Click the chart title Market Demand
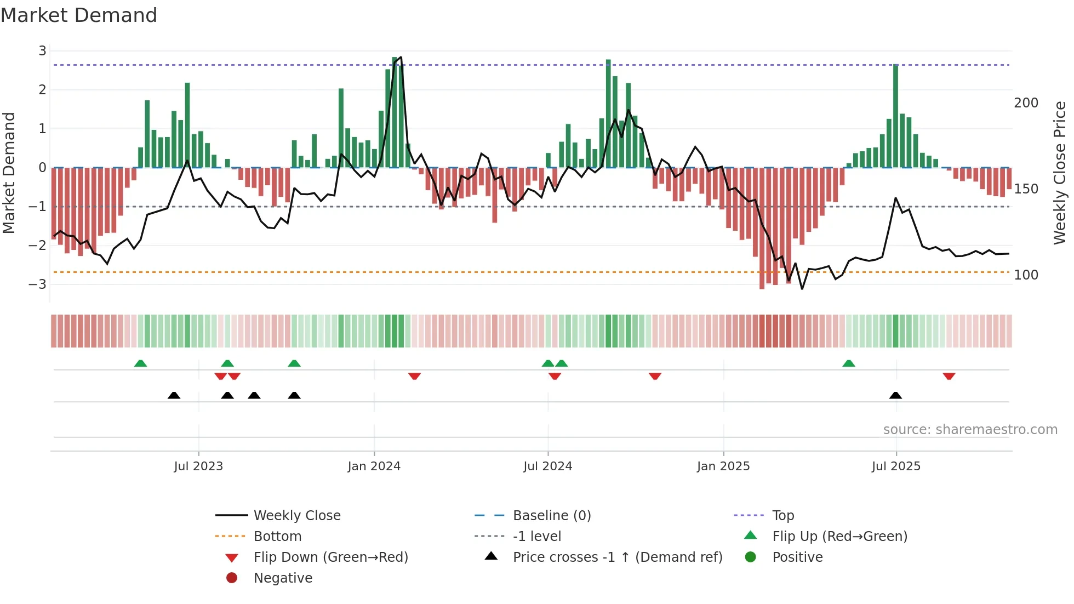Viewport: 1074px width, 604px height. click(79, 15)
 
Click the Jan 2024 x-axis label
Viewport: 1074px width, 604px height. click(374, 466)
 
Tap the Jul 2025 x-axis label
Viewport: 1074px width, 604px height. click(896, 466)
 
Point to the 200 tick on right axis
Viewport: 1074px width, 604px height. click(1026, 103)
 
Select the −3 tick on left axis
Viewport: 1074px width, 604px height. click(38, 284)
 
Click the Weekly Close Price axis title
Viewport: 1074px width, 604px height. click(1060, 173)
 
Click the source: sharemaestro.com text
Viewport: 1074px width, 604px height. click(970, 430)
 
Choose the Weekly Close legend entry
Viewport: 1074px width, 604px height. click(296, 516)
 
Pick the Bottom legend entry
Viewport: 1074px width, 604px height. click(277, 537)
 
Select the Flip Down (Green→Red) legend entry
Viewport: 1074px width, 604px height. click(330, 557)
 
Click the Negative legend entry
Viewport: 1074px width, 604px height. click(283, 578)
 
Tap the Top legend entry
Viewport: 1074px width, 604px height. click(783, 516)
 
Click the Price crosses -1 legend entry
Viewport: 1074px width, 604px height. click(617, 557)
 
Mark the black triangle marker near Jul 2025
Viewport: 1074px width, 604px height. click(895, 396)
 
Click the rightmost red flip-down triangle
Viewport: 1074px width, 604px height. click(949, 376)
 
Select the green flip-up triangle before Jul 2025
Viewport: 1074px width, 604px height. click(848, 363)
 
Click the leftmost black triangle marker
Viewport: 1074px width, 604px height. click(174, 396)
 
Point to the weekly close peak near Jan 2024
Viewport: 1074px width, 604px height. click(401, 57)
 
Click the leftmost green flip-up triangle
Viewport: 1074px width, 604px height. click(140, 363)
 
